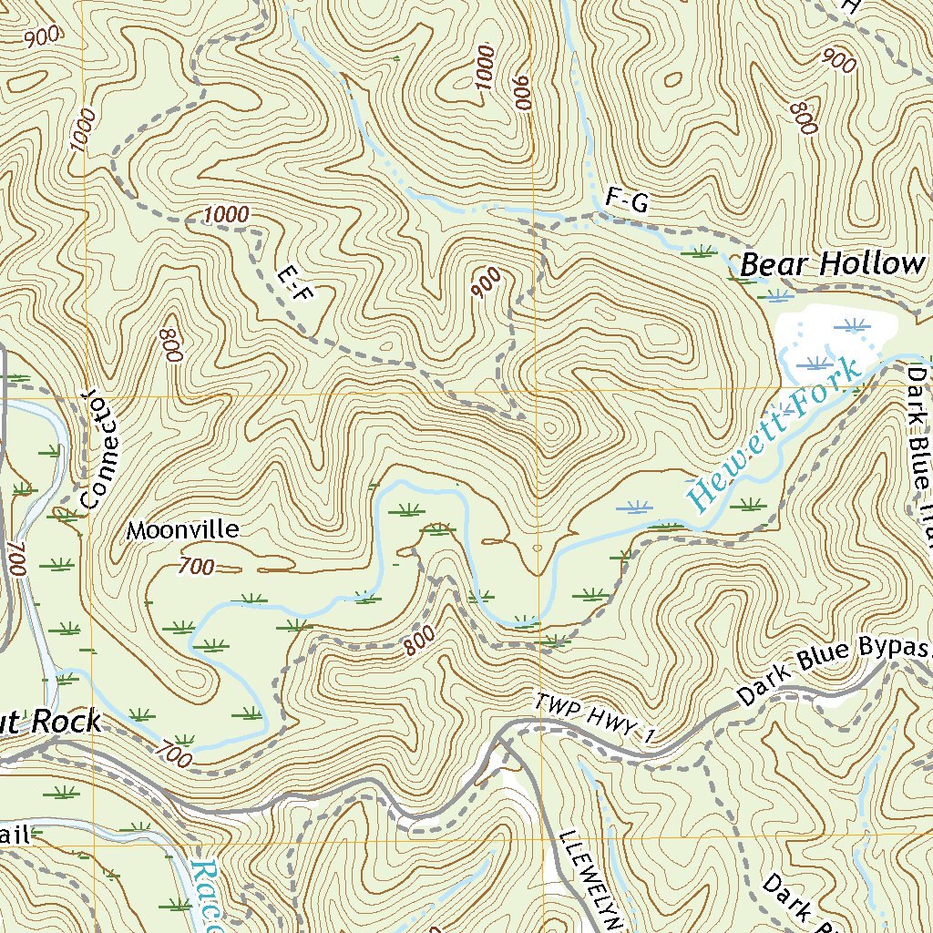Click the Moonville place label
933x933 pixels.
(182, 529)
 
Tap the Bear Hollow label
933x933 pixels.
(830, 264)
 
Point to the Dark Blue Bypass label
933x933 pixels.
(834, 672)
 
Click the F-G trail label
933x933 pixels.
(626, 202)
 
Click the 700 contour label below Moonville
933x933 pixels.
(197, 567)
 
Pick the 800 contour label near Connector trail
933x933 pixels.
(171, 344)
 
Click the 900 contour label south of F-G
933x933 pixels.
(487, 282)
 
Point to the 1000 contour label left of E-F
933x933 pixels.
(226, 214)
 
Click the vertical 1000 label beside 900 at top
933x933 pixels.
(484, 68)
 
